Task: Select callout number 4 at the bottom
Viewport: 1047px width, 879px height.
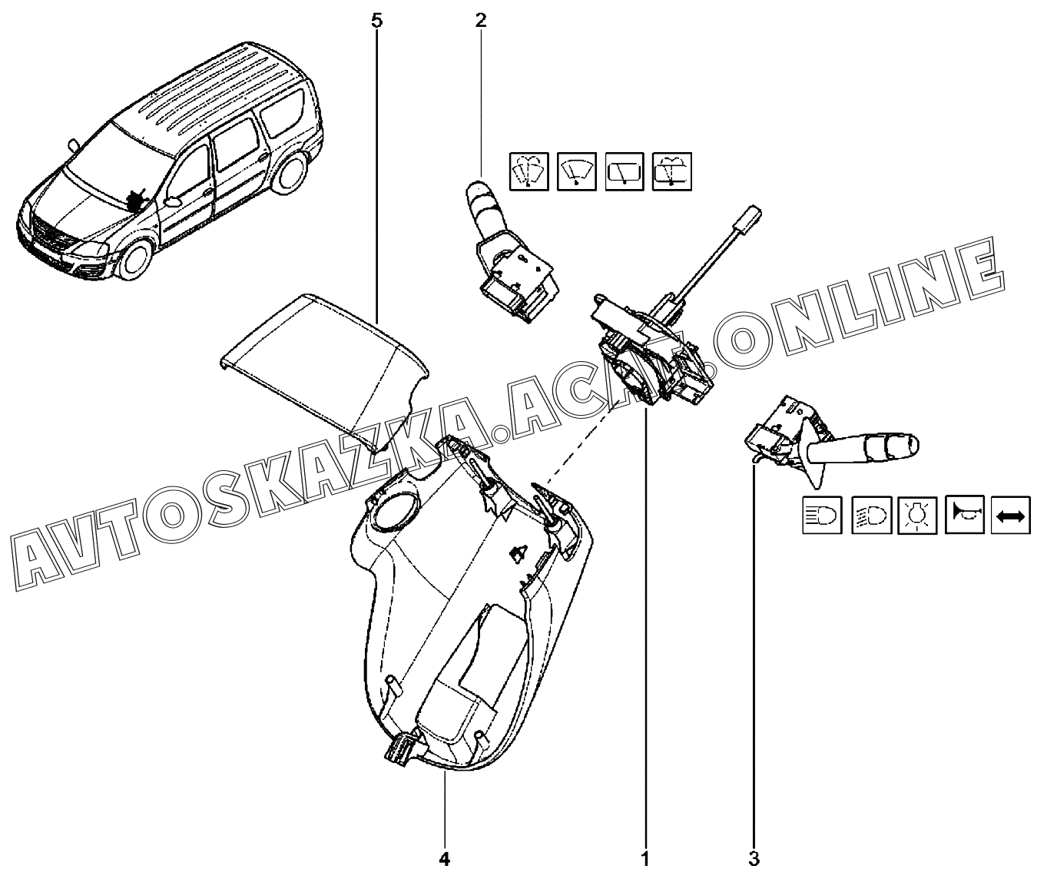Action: pos(444,857)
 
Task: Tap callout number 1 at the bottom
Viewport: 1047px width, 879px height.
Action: pos(645,857)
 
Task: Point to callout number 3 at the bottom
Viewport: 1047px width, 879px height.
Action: pos(754,857)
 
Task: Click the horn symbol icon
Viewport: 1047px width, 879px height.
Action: pos(963,514)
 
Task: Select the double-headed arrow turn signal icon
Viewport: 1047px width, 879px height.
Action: pos(1010,514)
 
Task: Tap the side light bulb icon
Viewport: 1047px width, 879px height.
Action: pos(916,514)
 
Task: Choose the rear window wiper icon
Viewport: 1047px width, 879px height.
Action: pos(625,171)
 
